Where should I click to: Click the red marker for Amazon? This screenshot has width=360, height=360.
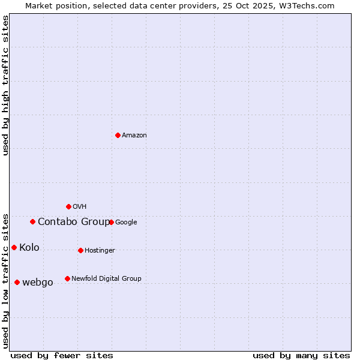pyautogui.click(x=118, y=135)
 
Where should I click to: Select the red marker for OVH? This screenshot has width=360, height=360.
pyautogui.click(x=68, y=206)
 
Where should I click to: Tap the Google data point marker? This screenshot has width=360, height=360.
pyautogui.click(x=111, y=222)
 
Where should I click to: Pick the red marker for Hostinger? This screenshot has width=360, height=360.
pyautogui.click(x=80, y=250)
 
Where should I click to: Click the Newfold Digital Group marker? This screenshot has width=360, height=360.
pyautogui.click(x=67, y=278)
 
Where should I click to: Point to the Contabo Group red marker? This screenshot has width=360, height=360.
pyautogui.click(x=32, y=221)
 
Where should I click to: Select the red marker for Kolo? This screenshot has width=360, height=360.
pyautogui.click(x=14, y=247)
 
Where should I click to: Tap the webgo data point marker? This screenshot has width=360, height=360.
pyautogui.click(x=17, y=282)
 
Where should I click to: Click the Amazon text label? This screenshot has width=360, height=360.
pyautogui.click(x=134, y=136)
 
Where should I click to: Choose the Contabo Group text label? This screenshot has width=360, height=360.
pyautogui.click(x=74, y=222)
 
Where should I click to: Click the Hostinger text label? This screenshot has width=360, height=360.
pyautogui.click(x=100, y=251)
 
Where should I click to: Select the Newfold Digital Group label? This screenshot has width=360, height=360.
pyautogui.click(x=106, y=278)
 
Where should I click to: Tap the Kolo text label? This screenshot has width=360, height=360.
pyautogui.click(x=29, y=248)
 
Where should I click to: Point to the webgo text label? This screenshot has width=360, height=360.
pyautogui.click(x=38, y=283)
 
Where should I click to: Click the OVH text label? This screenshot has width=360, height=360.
pyautogui.click(x=80, y=207)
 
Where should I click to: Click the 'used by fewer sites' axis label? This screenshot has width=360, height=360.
pyautogui.click(x=62, y=355)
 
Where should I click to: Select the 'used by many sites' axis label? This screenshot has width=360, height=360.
pyautogui.click(x=301, y=355)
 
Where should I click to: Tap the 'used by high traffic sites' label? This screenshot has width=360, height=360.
pyautogui.click(x=5, y=86)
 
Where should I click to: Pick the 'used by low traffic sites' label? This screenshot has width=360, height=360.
pyautogui.click(x=5, y=280)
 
